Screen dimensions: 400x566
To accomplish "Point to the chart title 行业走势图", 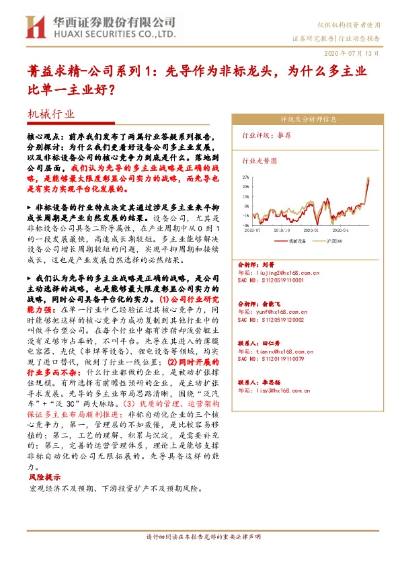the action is (x=259, y=161).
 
